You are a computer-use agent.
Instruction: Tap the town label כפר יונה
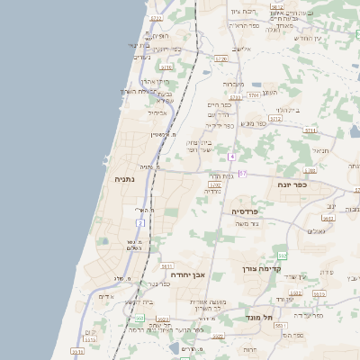point(312,184)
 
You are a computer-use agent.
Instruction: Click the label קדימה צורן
point(262,268)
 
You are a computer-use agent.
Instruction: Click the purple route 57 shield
point(243,174)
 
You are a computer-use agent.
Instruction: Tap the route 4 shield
point(231,157)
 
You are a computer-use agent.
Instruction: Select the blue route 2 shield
point(140,222)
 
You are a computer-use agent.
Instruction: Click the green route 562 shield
point(282,256)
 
